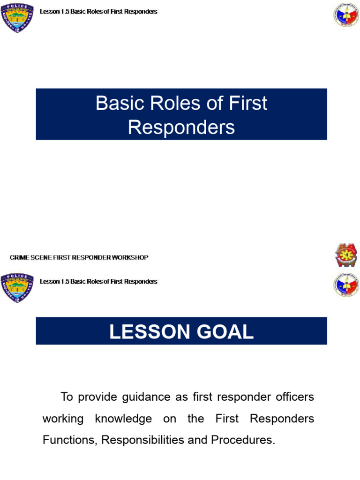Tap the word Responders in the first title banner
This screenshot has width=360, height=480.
(x=181, y=127)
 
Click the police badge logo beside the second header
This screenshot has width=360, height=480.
(x=17, y=287)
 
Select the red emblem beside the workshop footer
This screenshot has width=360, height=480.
(x=346, y=255)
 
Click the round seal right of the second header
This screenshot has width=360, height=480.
(x=346, y=285)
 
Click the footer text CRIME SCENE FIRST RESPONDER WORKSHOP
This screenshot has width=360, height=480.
(x=79, y=258)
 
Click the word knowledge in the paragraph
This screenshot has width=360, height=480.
(x=123, y=419)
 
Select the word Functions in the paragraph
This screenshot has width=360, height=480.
(x=69, y=440)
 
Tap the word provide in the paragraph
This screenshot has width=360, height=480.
(x=95, y=397)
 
